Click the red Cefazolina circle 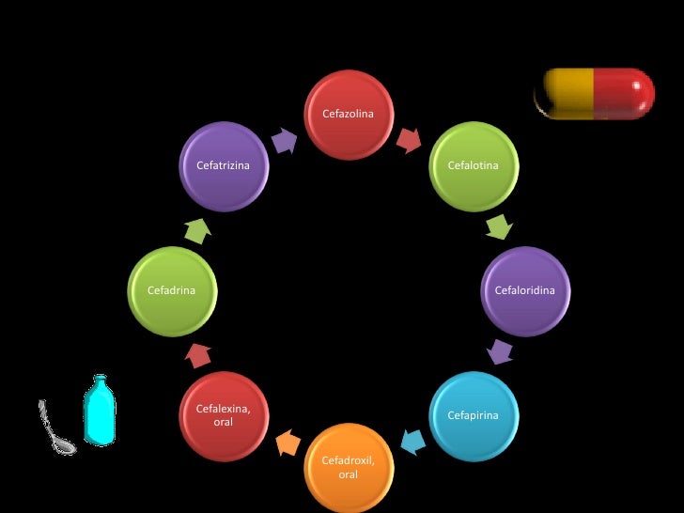(348, 115)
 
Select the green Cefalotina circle (473, 166)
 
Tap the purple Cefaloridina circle (524, 290)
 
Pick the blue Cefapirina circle (473, 414)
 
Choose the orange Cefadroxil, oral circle (348, 466)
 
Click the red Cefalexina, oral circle (224, 414)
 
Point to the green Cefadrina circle (172, 290)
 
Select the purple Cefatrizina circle (224, 166)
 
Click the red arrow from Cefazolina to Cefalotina (410, 140)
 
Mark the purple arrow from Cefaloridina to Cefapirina (500, 352)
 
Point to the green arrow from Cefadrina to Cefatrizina (197, 228)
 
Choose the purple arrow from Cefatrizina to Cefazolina (285, 140)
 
